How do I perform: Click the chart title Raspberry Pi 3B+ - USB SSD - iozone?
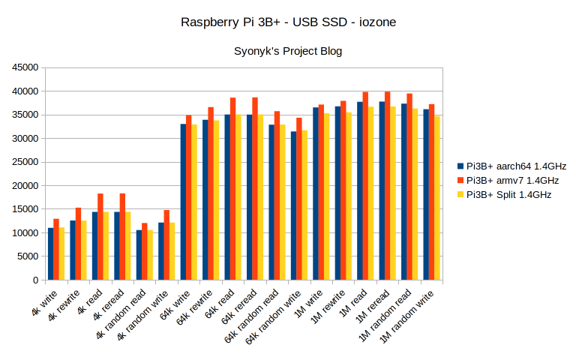coord(289,22)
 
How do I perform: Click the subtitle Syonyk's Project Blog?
coord(289,51)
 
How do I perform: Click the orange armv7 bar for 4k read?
coord(100,237)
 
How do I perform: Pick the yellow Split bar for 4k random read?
coord(150,255)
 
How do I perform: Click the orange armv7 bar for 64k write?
coord(189,198)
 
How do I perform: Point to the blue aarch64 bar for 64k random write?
coord(294,206)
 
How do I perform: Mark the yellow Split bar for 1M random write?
coord(436,198)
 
